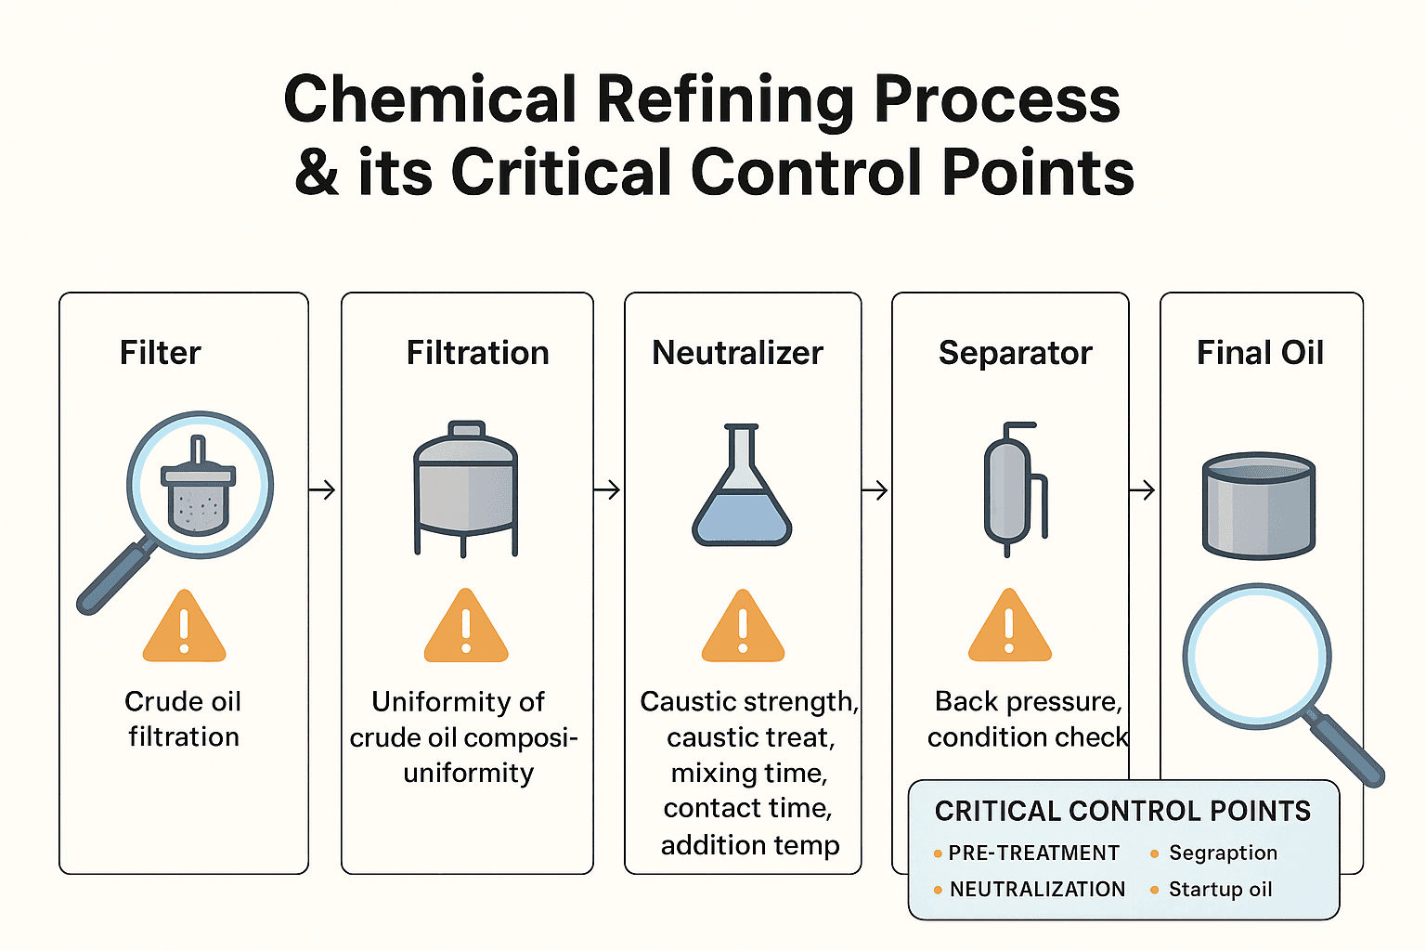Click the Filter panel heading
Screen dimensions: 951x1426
pyautogui.click(x=160, y=353)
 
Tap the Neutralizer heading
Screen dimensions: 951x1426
pyautogui.click(x=737, y=353)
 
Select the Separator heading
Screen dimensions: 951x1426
pyautogui.click(x=1015, y=353)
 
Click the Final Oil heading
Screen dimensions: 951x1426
pyautogui.click(x=1260, y=353)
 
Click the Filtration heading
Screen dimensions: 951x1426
pyautogui.click(x=477, y=353)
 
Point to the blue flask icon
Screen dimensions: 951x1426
pyautogui.click(x=742, y=488)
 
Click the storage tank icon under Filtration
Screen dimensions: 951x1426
pyautogui.click(x=465, y=488)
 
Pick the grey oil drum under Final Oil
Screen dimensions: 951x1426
pyautogui.click(x=1259, y=505)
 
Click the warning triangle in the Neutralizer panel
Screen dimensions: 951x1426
pyautogui.click(x=743, y=628)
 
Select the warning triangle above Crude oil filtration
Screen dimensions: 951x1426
pyautogui.click(x=184, y=628)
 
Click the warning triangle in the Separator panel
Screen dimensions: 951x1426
pyautogui.click(x=1009, y=628)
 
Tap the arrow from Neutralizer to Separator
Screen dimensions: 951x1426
pyautogui.click(x=875, y=489)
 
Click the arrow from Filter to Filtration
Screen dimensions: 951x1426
pyautogui.click(x=322, y=489)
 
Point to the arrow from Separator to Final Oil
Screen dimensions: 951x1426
pyautogui.click(x=1143, y=489)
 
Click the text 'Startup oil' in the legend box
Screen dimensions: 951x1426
pyautogui.click(x=1220, y=890)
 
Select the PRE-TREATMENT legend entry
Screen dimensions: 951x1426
pyautogui.click(x=1033, y=853)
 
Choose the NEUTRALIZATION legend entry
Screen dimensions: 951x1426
pyautogui.click(x=1037, y=890)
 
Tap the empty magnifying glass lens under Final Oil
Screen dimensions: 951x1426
pyautogui.click(x=1256, y=655)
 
